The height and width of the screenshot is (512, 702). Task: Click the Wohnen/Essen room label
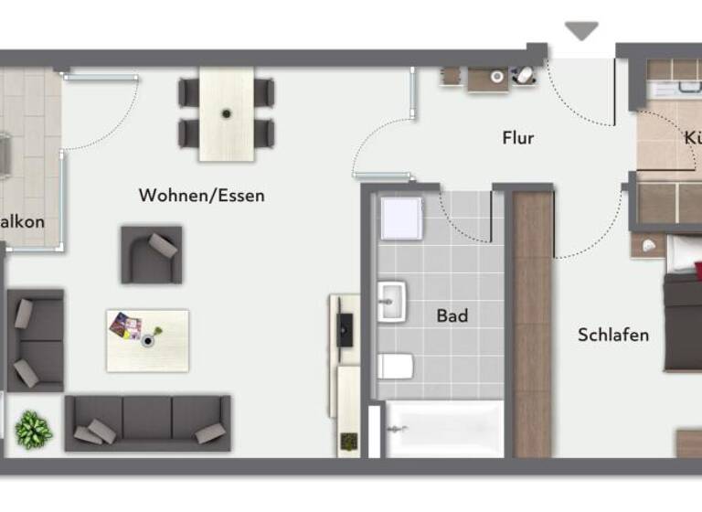201,195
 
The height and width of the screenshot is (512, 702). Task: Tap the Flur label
517,139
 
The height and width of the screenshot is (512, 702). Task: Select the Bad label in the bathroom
452,315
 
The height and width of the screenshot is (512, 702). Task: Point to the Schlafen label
612,335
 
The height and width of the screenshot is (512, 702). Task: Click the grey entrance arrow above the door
581,31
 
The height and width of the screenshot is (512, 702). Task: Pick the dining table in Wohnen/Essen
226,113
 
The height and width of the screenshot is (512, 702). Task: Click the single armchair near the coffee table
151,255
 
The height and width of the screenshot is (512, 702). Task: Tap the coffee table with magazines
147,340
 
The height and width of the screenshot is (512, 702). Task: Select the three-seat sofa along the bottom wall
147,422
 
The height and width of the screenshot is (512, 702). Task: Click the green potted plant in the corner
34,429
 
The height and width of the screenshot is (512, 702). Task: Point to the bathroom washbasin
391,302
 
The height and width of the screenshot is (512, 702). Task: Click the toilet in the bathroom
395,367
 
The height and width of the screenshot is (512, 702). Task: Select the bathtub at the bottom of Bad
442,429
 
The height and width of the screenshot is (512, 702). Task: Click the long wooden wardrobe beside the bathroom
533,324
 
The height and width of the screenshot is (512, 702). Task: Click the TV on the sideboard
346,329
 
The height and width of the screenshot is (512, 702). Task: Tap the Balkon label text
22,221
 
